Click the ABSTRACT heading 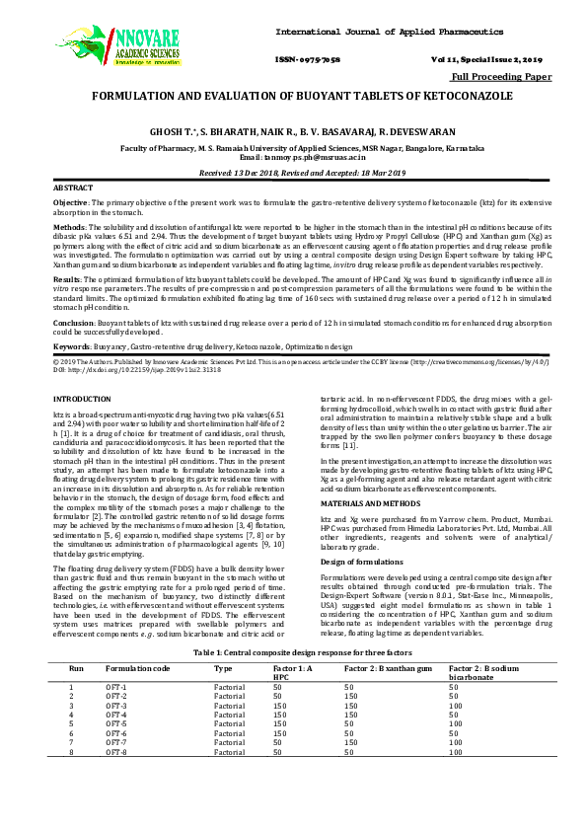point(72,187)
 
